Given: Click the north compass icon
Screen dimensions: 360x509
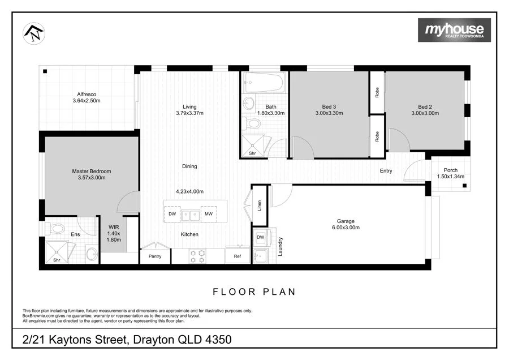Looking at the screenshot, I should pos(33,33).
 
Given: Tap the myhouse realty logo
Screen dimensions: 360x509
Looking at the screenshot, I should pos(454,30).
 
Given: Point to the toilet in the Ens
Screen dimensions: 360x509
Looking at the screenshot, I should pos(56,229).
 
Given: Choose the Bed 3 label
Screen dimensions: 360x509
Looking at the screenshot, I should pos(329,106).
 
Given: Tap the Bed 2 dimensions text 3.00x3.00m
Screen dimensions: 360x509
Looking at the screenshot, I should pos(425,113).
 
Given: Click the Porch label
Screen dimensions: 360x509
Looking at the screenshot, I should pos(451,170).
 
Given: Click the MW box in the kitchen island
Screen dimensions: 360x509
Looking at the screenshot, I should pos(209,215).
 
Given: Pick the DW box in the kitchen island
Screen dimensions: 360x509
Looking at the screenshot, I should pos(172,215).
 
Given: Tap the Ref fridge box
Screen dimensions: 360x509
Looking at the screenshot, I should pos(238,256).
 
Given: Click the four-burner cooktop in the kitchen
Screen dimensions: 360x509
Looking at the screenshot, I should pos(197,256).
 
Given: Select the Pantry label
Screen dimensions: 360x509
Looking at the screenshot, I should pos(155,256).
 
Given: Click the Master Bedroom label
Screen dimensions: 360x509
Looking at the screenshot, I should pos(92,171).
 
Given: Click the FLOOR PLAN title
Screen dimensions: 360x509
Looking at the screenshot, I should pos(254,292).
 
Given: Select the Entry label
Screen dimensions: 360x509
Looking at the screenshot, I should pos(386,170).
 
